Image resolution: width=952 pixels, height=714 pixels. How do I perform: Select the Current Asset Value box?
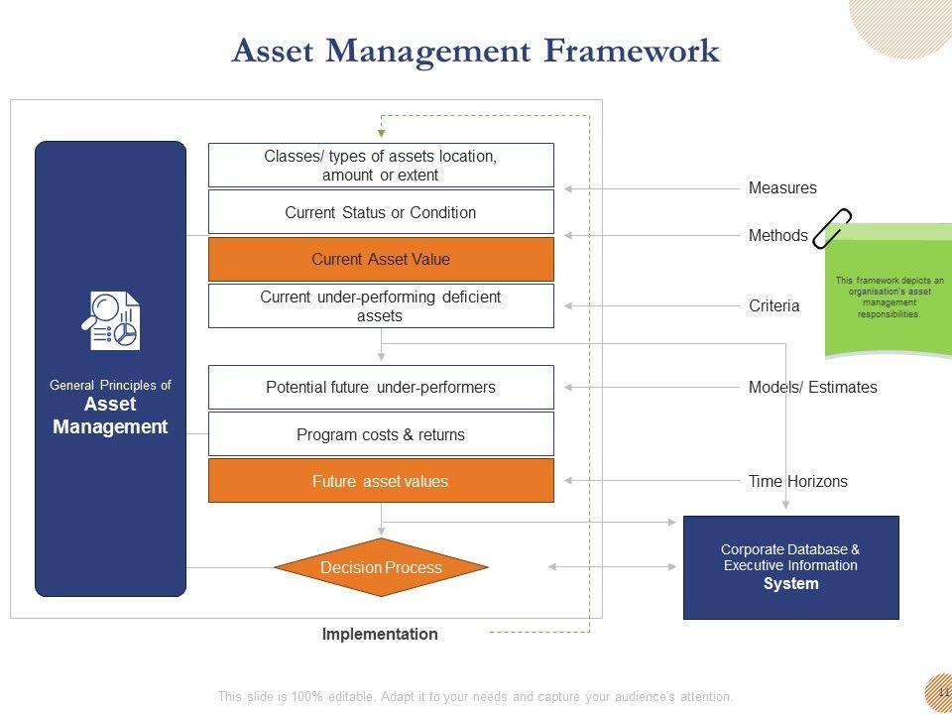pos(381,259)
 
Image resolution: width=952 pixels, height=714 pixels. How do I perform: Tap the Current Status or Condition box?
pos(381,212)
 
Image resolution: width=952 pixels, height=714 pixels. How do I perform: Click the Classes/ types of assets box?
pos(381,165)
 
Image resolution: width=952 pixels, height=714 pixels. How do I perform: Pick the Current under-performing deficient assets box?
pos(381,305)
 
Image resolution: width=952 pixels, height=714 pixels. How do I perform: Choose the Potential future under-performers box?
pos(381,387)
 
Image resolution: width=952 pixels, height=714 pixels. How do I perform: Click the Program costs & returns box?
pos(381,434)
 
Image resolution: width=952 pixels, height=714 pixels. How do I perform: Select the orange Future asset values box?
pos(381,481)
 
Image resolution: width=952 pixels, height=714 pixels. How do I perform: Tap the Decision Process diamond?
pos(381,567)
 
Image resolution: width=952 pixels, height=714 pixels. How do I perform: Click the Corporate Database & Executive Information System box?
pos(790,567)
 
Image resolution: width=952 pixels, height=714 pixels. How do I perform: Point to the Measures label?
pos(782,188)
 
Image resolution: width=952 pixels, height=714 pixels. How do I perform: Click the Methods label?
pos(777,236)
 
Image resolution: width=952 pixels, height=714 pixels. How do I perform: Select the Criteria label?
pos(773,306)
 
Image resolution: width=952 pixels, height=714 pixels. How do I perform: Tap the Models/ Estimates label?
pos(812,388)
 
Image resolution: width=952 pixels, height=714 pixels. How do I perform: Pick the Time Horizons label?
pos(797,482)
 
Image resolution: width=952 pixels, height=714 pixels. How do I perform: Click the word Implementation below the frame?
pos(380,635)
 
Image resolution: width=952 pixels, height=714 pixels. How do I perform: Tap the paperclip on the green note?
pos(831,228)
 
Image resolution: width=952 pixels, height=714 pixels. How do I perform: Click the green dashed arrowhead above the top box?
pos(381,132)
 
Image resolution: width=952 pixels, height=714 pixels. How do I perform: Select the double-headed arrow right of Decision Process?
pos(612,567)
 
